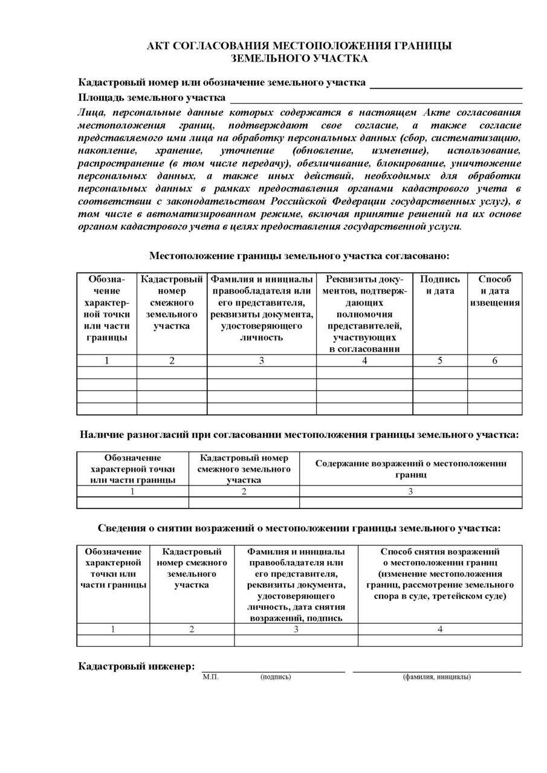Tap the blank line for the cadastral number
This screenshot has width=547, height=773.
[445, 87]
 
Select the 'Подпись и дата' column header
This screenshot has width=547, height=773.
[439, 285]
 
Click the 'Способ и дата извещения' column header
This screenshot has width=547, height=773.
[495, 290]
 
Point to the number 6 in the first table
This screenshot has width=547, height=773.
[495, 361]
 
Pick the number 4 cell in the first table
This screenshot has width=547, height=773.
[364, 361]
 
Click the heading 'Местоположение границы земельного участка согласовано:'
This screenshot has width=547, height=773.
[299, 255]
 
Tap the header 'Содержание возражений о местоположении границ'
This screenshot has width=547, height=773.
[410, 469]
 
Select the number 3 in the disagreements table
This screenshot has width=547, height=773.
[410, 491]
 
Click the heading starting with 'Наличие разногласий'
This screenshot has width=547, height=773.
[299, 434]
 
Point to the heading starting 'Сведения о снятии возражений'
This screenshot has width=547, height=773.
[299, 528]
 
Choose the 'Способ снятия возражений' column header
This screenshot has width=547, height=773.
[439, 574]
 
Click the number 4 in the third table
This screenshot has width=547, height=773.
[439, 629]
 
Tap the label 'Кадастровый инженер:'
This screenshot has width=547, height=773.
[137, 666]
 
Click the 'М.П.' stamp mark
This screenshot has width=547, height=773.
[211, 676]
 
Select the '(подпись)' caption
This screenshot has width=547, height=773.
[276, 676]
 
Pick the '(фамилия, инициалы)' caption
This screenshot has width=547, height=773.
[436, 676]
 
